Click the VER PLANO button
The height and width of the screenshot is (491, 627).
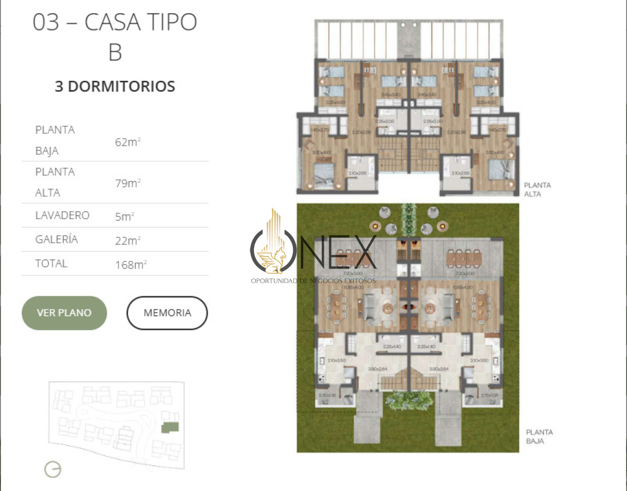(x=64, y=313)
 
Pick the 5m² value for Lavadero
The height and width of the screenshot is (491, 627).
(x=124, y=216)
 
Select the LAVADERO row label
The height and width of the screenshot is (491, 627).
(x=62, y=215)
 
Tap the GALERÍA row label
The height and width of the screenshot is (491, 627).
(x=57, y=239)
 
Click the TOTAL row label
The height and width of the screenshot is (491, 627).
(x=51, y=264)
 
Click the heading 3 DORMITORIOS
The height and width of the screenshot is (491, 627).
(x=115, y=86)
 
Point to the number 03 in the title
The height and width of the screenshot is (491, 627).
(x=46, y=23)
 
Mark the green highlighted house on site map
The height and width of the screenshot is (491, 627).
(x=171, y=427)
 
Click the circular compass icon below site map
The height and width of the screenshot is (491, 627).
(x=53, y=469)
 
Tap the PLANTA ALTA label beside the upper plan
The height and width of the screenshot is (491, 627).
(x=537, y=189)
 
